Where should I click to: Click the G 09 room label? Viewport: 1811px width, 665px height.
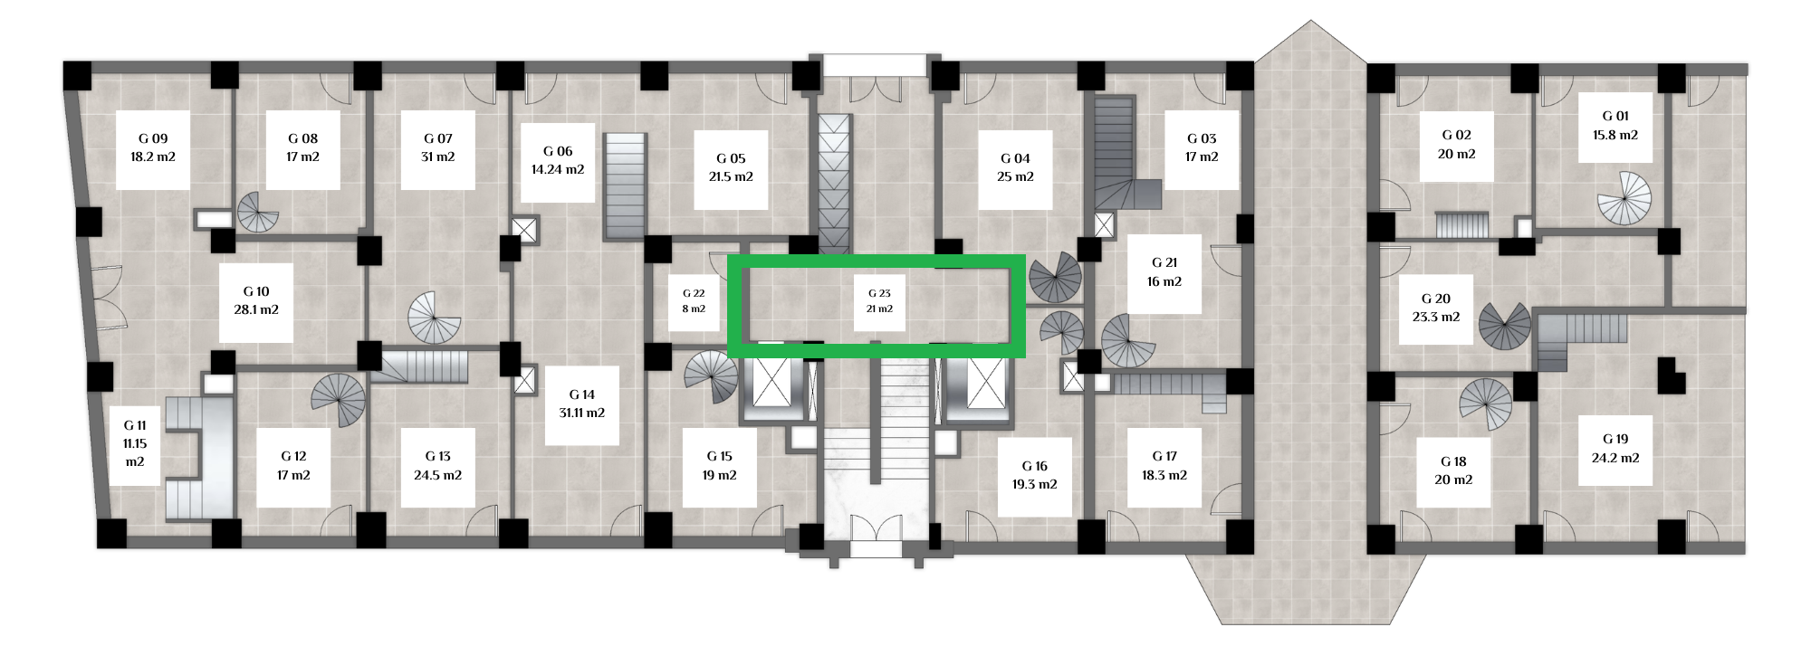point(153,148)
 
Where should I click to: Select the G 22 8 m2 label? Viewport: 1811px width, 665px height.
point(694,301)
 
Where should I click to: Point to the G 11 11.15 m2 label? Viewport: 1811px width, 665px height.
point(135,444)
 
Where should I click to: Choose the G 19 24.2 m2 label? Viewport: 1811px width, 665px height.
point(1615,449)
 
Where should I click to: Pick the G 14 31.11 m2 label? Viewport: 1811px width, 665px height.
point(582,404)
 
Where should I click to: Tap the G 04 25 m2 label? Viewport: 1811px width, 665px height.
point(1015,168)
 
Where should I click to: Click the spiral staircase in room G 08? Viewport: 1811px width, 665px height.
point(258,213)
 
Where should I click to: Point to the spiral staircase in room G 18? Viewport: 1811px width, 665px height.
point(1486,404)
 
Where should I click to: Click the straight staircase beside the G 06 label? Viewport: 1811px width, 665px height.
point(625,186)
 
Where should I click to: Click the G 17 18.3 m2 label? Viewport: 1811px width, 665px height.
point(1164,467)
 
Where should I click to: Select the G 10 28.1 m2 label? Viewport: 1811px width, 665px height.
point(256,301)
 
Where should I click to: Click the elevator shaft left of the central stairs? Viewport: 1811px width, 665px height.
point(772,388)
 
